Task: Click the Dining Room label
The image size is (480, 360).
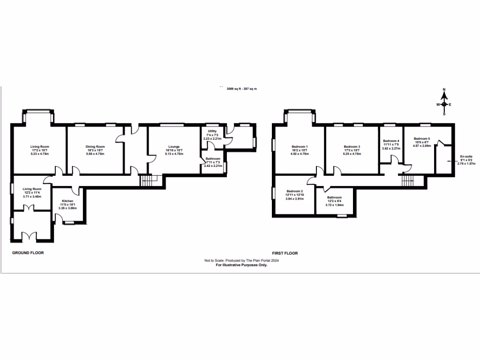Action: pyautogui.click(x=96, y=146)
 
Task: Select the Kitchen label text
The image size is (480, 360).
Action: pyautogui.click(x=67, y=201)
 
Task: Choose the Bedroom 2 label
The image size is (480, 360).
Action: pyautogui.click(x=295, y=192)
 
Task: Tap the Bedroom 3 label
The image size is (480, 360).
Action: pyautogui.click(x=352, y=146)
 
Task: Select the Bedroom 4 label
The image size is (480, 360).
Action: pyautogui.click(x=391, y=141)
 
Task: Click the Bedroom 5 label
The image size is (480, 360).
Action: pyautogui.click(x=422, y=139)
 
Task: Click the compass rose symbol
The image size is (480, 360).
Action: pyautogui.click(x=443, y=104)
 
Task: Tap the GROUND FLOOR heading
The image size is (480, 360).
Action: pyautogui.click(x=28, y=253)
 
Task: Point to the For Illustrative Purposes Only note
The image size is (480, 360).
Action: pyautogui.click(x=241, y=265)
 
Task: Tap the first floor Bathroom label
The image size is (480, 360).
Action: pyautogui.click(x=334, y=197)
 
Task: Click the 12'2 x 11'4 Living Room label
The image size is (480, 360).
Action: pyautogui.click(x=32, y=189)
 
